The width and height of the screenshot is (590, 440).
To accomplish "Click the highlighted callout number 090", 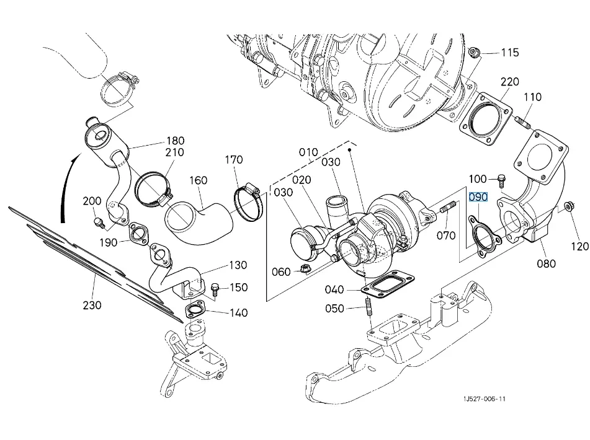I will click(x=478, y=198).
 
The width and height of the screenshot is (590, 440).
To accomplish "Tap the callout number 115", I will click(x=510, y=53).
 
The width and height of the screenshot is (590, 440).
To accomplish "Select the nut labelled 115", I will click(x=474, y=52).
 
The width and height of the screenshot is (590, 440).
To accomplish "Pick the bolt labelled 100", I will click(x=501, y=180).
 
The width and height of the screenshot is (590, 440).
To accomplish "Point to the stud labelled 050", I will click(x=369, y=307).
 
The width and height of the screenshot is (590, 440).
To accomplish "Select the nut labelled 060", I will click(x=305, y=269).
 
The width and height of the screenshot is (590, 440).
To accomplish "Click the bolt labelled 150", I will click(x=215, y=288).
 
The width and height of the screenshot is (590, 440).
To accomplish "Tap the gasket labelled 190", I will click(x=138, y=234).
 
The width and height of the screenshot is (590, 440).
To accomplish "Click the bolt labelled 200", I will click(x=97, y=221).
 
